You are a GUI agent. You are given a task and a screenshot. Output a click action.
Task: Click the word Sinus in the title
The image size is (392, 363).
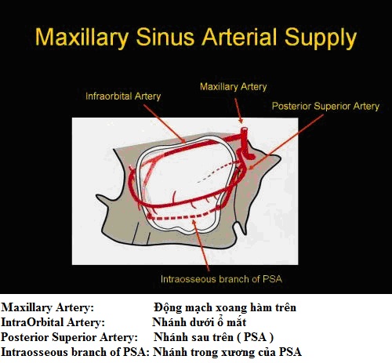(x=165, y=37)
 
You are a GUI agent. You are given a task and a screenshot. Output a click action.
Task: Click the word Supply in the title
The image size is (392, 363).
(x=321, y=38)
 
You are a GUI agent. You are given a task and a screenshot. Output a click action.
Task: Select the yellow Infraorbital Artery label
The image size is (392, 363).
(x=123, y=96)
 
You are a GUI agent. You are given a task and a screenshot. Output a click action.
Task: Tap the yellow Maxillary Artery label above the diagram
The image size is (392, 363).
(x=234, y=87)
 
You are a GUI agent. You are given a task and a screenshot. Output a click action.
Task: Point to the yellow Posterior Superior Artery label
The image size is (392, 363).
(x=325, y=106)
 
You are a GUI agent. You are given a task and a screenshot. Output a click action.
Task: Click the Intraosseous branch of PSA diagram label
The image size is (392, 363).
(x=222, y=279)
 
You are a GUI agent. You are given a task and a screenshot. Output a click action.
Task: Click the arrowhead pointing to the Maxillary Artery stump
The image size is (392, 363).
(x=241, y=121)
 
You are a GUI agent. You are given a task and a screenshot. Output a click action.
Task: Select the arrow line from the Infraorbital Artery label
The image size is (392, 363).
(x=165, y=124)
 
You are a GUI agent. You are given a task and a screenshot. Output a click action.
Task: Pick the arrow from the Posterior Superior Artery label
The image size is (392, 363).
(x=286, y=142)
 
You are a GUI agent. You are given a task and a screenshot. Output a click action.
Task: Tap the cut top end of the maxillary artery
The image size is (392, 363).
(x=245, y=129)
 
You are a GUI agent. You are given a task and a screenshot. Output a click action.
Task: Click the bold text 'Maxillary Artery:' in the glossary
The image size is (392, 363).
(x=47, y=307)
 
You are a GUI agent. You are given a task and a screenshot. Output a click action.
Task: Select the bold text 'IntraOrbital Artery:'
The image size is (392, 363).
(x=53, y=322)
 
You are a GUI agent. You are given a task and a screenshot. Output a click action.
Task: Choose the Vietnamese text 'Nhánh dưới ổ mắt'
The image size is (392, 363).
(x=199, y=322)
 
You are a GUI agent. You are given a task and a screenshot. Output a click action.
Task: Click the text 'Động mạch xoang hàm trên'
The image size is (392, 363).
(x=225, y=307)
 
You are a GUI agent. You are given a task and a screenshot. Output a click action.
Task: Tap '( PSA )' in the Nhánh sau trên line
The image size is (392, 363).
(x=256, y=337)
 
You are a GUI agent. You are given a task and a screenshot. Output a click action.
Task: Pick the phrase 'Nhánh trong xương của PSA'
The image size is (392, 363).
(x=227, y=352)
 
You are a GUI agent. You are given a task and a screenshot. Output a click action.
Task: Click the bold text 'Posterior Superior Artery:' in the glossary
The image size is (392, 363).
(x=69, y=337)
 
